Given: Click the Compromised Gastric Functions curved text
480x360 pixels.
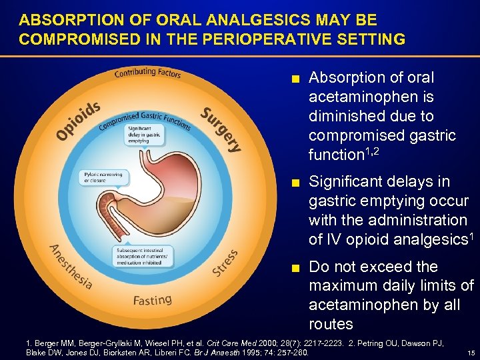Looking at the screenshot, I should pos(145,119).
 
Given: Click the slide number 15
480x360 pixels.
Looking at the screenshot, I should pos(471,353).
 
